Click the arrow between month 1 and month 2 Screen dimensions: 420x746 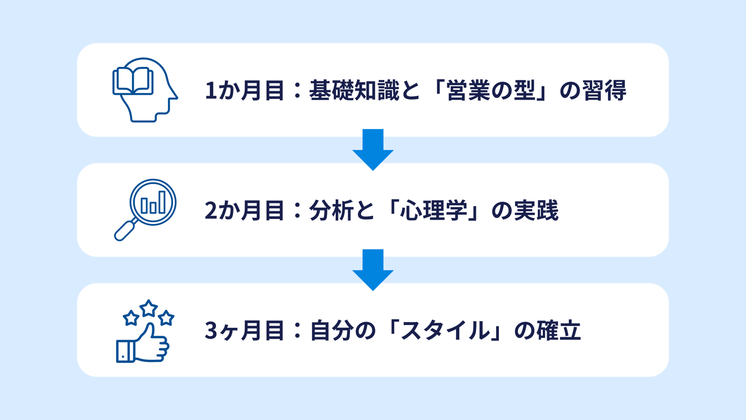373,149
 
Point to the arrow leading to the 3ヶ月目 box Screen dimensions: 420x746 373,270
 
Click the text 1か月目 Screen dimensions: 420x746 245,91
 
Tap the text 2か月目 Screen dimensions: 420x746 245,212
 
